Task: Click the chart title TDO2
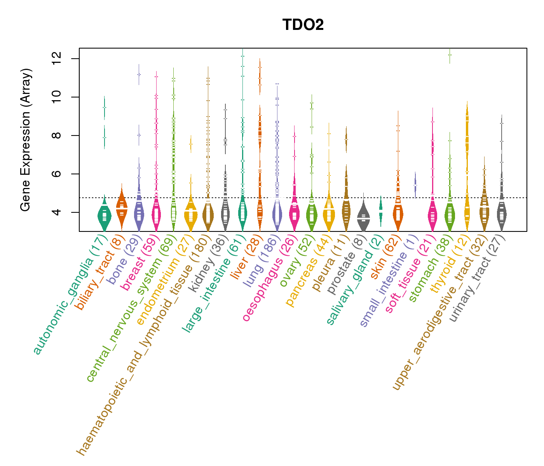[303, 25]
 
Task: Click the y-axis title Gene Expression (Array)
[26, 140]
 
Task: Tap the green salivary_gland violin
[381, 210]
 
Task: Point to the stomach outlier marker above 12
[450, 55]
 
